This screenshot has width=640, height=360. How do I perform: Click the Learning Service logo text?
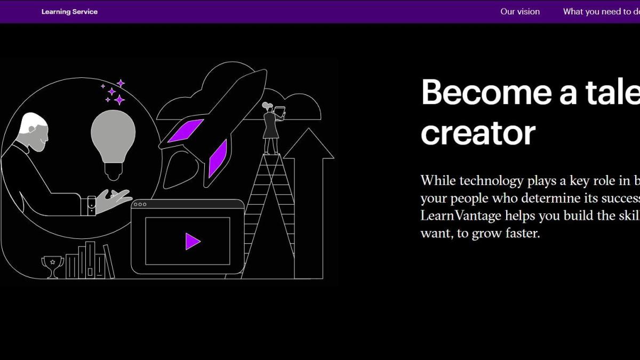coord(69,12)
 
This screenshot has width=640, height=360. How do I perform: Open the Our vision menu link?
coord(519,12)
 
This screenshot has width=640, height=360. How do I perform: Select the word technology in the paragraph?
coord(491,181)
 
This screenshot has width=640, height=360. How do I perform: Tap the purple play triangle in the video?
coord(192,241)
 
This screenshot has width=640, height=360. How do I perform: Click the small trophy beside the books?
coord(52,265)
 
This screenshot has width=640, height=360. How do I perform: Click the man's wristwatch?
coord(91,205)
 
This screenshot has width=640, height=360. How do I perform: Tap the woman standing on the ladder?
coord(271,128)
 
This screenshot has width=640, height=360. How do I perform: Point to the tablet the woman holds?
coord(280,111)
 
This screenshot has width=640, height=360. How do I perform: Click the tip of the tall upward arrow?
coord(309,131)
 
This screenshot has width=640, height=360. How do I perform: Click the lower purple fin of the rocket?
coord(218,158)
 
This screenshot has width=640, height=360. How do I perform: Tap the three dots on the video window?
coord(141,204)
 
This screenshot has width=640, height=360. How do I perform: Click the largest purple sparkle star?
coord(119,100)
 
